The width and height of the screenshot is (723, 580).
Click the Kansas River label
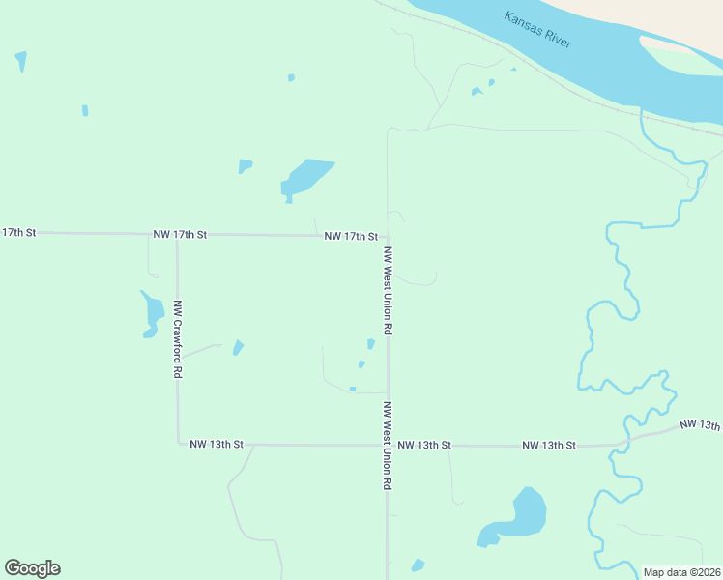(x=537, y=30)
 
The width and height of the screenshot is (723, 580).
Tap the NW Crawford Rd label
(x=178, y=338)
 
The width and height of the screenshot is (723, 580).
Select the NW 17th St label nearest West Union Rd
(x=350, y=236)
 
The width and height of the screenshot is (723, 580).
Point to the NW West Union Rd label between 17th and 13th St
(x=388, y=291)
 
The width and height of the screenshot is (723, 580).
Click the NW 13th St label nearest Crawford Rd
(x=217, y=445)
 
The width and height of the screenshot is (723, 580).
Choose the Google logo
(x=32, y=568)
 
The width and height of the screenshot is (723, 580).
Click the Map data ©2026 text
(x=682, y=572)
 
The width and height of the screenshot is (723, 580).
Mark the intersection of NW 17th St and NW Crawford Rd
(x=177, y=235)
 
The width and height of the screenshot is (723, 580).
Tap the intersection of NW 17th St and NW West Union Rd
(x=388, y=236)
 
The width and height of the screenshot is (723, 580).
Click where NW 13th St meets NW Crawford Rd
(x=178, y=444)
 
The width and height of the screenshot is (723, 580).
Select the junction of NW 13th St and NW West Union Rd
(x=388, y=445)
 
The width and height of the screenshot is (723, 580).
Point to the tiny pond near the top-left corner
(x=20, y=61)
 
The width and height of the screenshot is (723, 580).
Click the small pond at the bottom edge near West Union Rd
(x=418, y=565)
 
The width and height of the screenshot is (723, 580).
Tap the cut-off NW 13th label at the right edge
(x=700, y=425)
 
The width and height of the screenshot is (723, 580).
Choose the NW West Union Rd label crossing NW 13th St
(x=388, y=445)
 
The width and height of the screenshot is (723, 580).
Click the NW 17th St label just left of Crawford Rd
(x=180, y=235)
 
